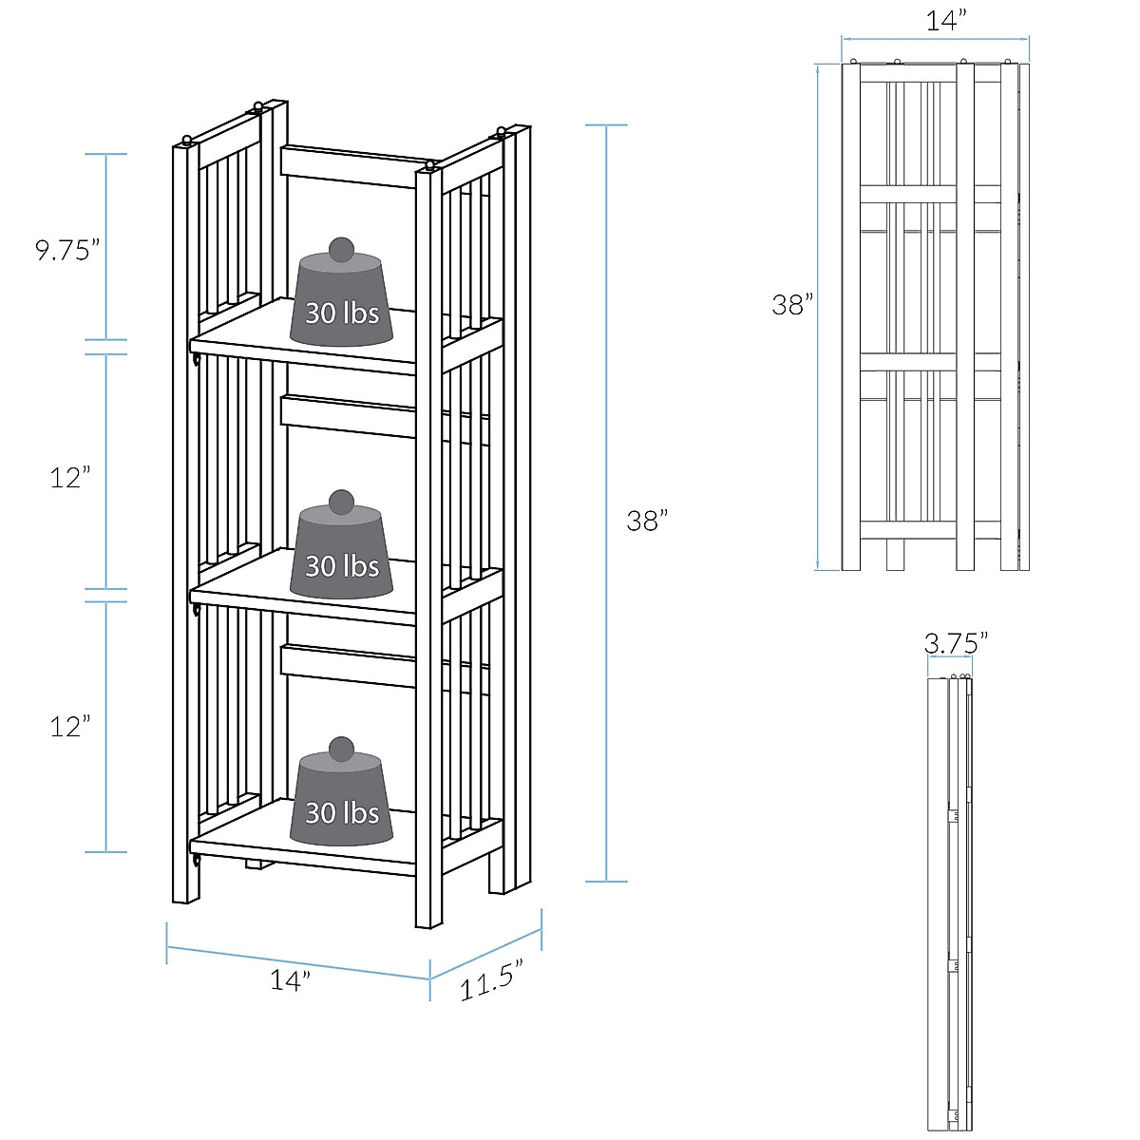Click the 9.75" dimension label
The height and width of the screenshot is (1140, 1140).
tap(67, 250)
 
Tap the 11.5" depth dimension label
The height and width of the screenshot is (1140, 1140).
tap(491, 979)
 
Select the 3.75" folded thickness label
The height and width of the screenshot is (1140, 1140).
tap(956, 643)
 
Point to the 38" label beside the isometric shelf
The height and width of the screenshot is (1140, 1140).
tap(647, 521)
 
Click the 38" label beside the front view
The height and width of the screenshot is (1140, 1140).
tap(792, 304)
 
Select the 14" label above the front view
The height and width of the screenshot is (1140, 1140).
tap(946, 20)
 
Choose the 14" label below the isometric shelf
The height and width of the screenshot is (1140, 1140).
tap(290, 979)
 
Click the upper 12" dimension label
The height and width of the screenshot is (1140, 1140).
tap(70, 477)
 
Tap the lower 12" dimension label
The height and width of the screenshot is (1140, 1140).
tap(70, 727)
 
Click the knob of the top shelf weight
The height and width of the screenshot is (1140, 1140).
tap(341, 251)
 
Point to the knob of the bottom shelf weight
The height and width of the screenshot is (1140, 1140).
tap(341, 749)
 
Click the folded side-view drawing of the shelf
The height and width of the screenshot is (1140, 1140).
tap(950, 902)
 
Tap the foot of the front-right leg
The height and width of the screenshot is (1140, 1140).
tap(428, 917)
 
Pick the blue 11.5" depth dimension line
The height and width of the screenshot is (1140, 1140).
tap(485, 951)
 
